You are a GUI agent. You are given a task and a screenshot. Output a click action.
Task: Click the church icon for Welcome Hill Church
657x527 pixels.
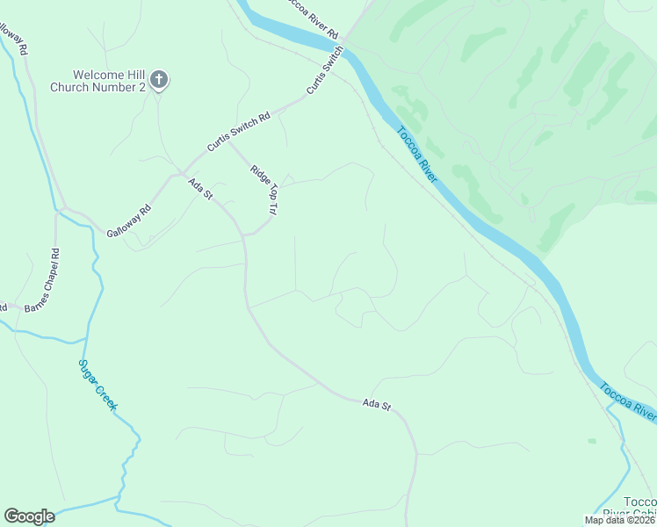pyautogui.click(x=159, y=81)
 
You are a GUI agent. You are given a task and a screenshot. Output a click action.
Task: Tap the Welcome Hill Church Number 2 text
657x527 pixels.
pyautogui.click(x=97, y=81)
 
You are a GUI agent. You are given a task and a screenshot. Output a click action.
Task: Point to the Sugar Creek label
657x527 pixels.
pyautogui.click(x=98, y=385)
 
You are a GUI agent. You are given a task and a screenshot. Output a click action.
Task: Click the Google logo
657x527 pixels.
pyautogui.click(x=29, y=516)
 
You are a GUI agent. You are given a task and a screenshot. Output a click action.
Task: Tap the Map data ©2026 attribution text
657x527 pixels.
pyautogui.click(x=619, y=520)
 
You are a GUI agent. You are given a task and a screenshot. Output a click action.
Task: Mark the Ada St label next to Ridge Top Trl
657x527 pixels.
pyautogui.click(x=201, y=188)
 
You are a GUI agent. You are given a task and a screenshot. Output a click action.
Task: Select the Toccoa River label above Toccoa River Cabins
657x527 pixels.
pyautogui.click(x=627, y=400)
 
